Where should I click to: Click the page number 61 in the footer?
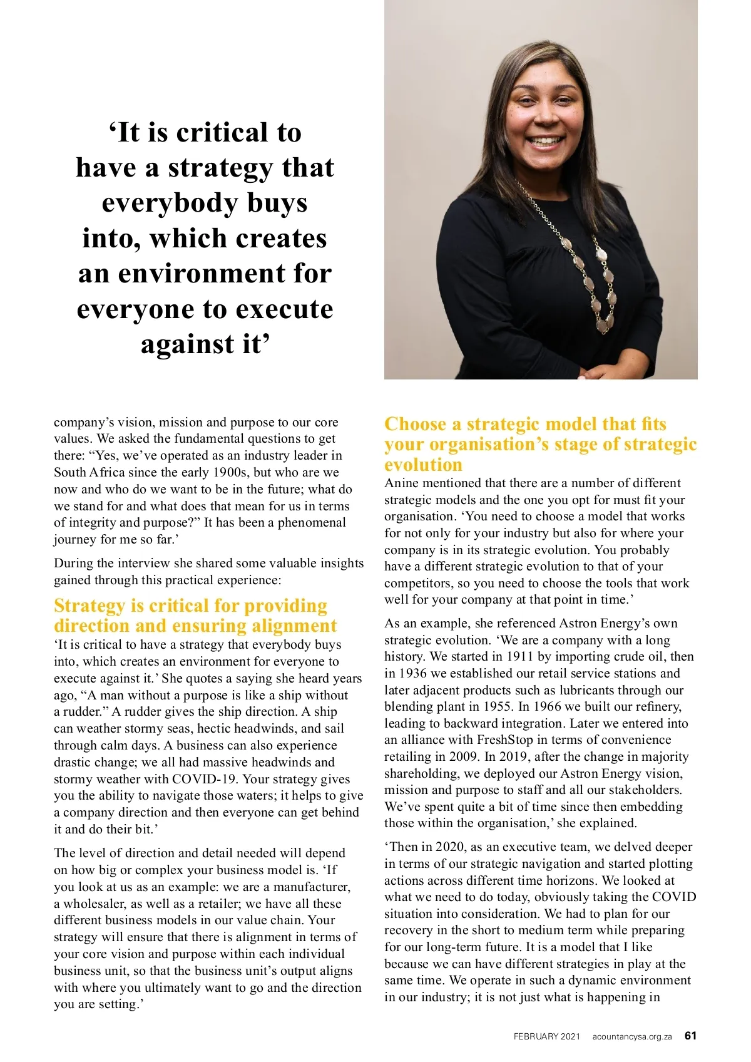690,1036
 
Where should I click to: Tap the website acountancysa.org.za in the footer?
632,1036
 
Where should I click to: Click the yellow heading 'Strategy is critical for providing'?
190,606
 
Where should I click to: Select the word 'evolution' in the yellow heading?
423,465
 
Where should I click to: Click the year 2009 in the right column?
463,757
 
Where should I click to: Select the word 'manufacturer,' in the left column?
312,887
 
